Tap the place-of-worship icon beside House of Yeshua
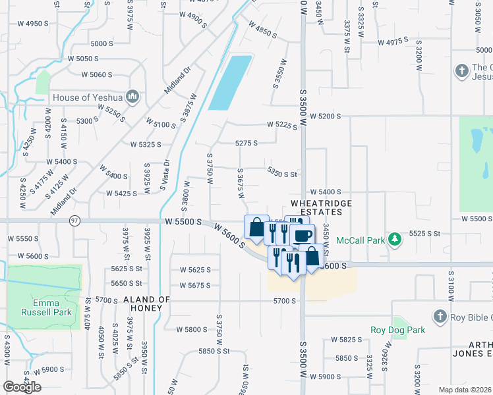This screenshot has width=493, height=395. point(132,97)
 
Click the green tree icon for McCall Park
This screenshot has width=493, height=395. point(395,240)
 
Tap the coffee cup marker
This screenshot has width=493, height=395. point(303,235)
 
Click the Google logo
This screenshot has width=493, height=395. point(22,387)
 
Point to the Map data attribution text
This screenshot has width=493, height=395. point(464,390)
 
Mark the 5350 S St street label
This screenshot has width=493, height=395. point(283,172)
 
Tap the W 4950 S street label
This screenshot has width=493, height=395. point(28,24)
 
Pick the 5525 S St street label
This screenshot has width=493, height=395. point(424,234)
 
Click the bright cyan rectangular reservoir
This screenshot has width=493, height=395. point(230,83)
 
